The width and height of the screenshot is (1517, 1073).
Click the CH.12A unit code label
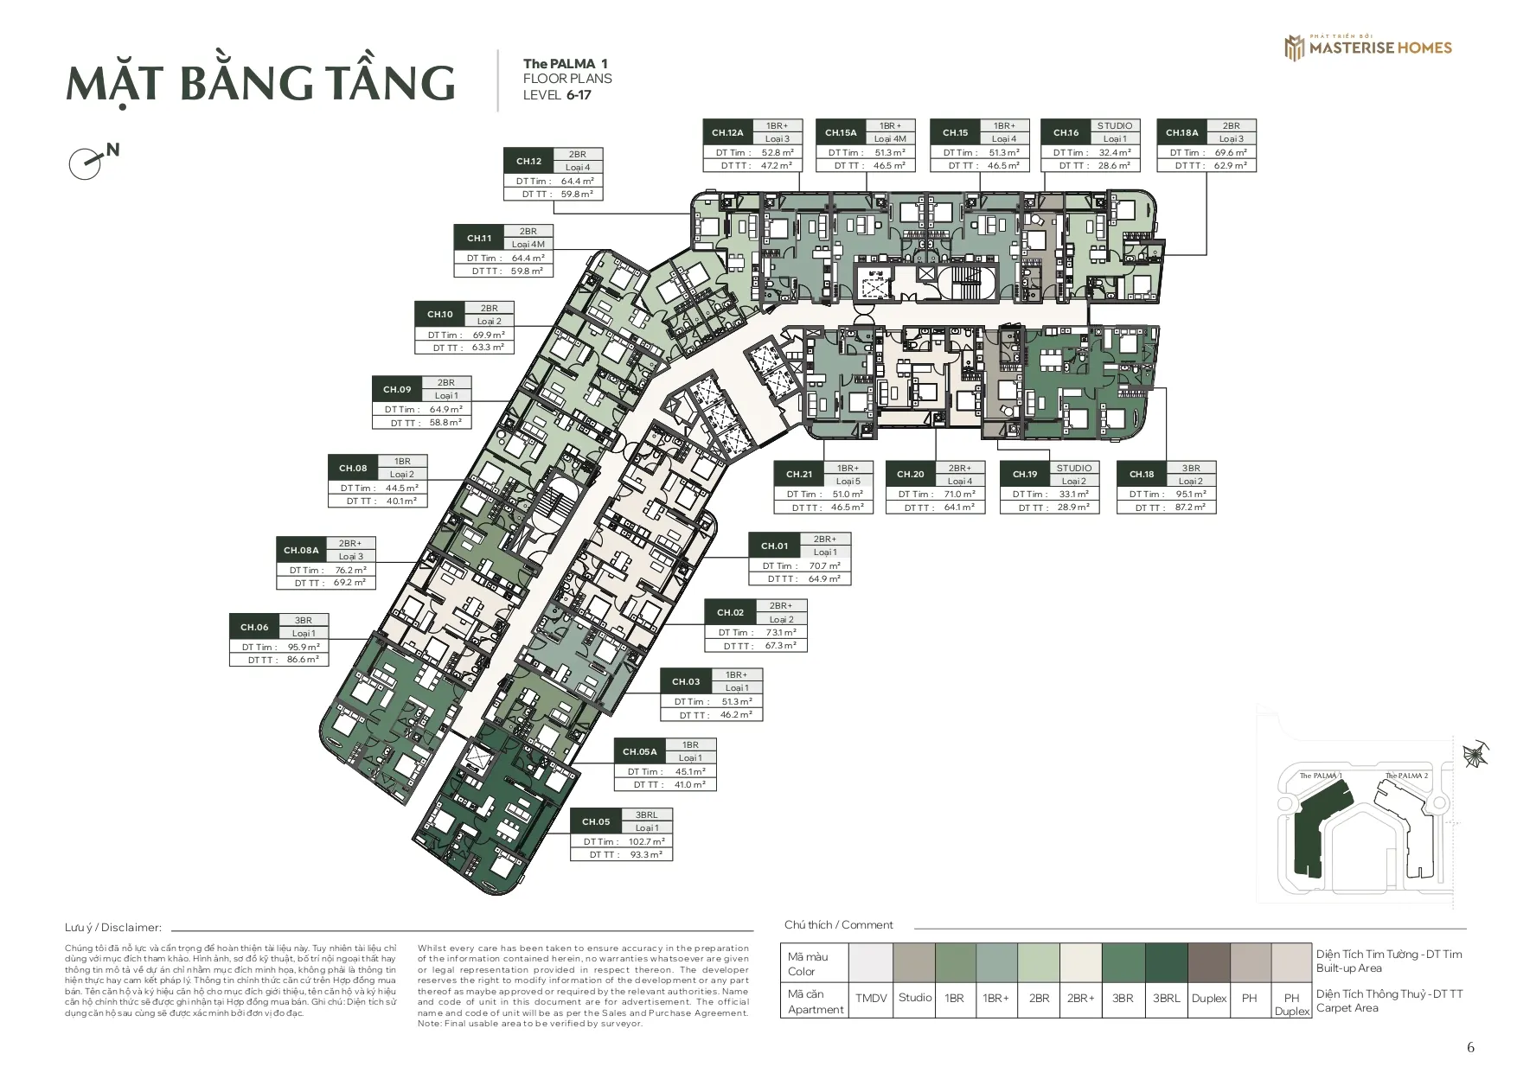(x=727, y=132)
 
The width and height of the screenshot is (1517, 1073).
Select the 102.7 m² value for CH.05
(x=646, y=841)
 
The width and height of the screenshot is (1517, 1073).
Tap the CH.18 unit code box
(x=1142, y=474)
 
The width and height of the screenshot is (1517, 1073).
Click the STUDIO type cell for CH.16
(x=1114, y=125)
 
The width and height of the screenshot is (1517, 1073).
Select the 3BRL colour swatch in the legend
(x=1166, y=962)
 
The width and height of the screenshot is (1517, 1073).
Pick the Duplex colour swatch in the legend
(x=1208, y=962)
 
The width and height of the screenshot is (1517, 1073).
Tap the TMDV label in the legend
(x=871, y=998)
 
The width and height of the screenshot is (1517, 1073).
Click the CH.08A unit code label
(x=301, y=550)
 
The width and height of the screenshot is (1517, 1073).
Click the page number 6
(x=1470, y=1048)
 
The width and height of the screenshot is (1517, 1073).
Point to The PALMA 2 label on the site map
(x=1406, y=776)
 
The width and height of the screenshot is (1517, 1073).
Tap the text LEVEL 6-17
(x=557, y=95)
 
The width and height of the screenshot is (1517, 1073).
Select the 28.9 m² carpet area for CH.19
(x=1072, y=508)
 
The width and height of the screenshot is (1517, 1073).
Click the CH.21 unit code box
(x=799, y=474)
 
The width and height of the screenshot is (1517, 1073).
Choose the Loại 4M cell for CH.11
(x=528, y=244)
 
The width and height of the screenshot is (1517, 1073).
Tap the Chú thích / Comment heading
(x=838, y=924)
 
